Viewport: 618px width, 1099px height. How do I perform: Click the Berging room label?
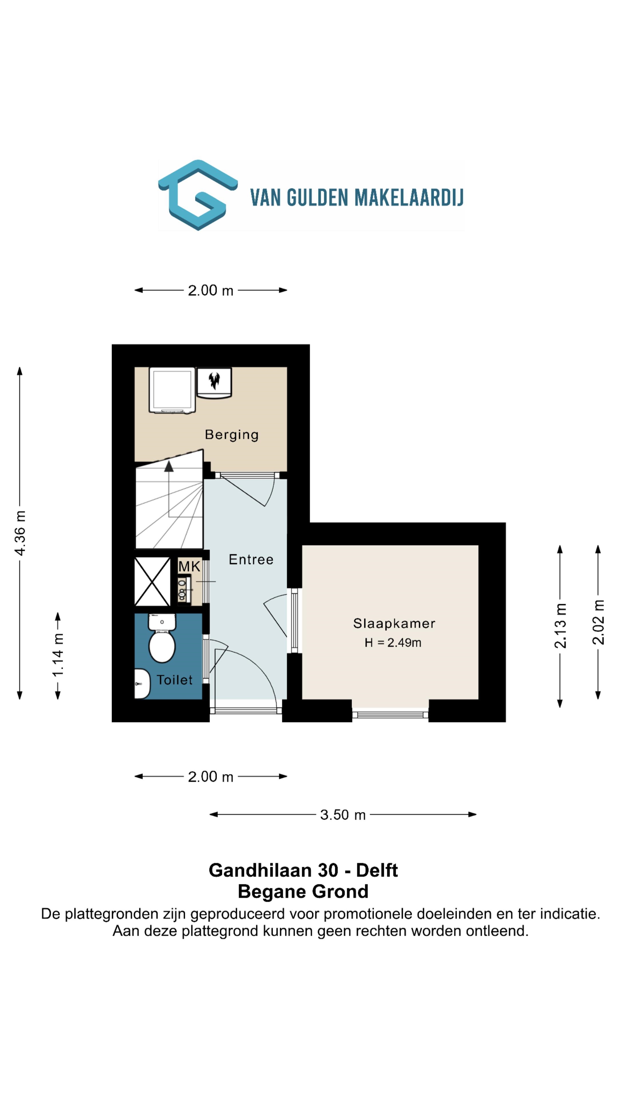pos(231,435)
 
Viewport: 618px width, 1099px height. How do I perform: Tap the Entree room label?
pos(251,559)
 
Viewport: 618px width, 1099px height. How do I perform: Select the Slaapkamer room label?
pos(394,623)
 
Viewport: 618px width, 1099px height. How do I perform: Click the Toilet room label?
pos(175,680)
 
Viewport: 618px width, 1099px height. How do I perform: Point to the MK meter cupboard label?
pos(189,567)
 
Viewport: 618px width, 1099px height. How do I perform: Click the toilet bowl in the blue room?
pos(162,639)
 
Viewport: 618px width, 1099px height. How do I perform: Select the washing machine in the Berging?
pos(172,390)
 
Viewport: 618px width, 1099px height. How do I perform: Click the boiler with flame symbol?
pos(214,383)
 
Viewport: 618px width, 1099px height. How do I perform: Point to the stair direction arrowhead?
pos(169,466)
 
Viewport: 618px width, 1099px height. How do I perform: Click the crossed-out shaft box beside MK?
pos(152,581)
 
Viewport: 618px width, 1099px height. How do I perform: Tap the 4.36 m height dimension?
pos(20,533)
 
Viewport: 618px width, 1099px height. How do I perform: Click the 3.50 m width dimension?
pos(343,815)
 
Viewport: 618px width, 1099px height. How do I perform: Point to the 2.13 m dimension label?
pos(560,626)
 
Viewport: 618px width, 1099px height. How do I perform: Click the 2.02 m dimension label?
pos(598,622)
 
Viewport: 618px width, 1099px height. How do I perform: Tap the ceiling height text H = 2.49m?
pos(393,643)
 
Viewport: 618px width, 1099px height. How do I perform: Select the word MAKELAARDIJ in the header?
pos(409,197)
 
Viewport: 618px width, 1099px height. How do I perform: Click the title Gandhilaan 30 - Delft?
pos(303,870)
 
